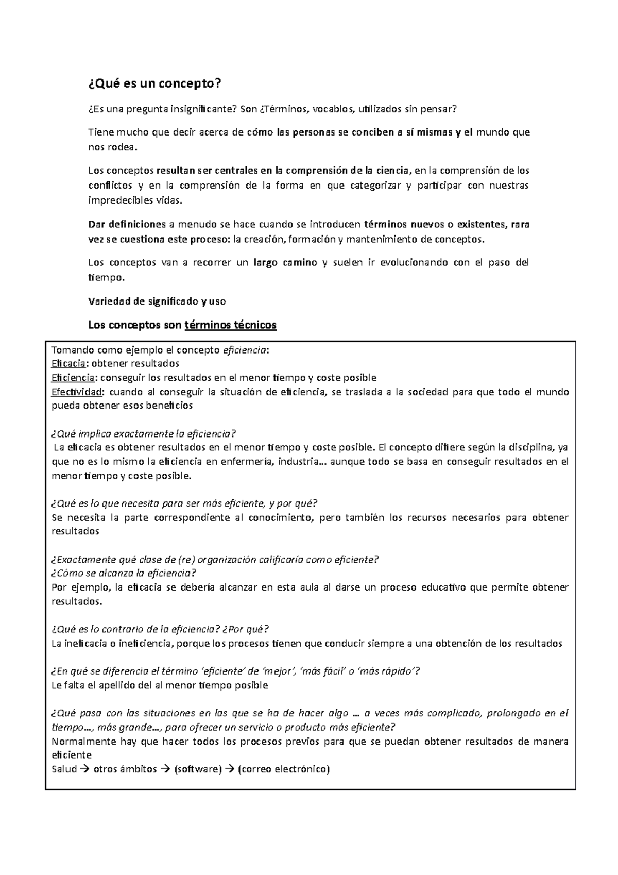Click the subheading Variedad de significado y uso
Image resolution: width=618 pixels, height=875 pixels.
[157, 301]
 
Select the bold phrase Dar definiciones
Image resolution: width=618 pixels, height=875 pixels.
[127, 225]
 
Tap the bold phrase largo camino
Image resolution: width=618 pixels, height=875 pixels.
[285, 263]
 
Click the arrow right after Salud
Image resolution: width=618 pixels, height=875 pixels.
[83, 769]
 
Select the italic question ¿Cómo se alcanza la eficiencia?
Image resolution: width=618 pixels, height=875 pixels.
[124, 573]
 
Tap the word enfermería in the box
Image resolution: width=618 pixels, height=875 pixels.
[249, 462]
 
